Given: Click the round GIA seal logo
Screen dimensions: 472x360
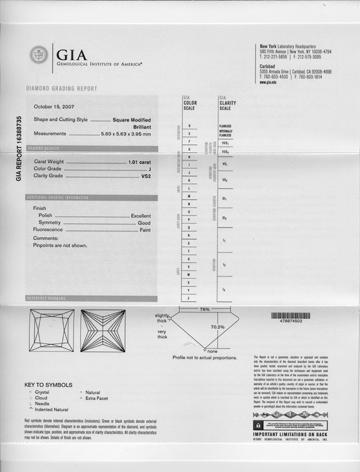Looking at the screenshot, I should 39,55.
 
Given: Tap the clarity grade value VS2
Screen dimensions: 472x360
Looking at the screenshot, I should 146,176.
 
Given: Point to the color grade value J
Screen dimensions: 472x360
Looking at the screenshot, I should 149,169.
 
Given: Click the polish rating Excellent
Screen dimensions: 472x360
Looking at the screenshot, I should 141,216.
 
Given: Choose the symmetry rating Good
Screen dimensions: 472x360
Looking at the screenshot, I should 144,223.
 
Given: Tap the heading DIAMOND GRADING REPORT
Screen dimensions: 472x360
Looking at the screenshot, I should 62,89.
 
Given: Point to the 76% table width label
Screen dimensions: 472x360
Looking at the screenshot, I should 204,310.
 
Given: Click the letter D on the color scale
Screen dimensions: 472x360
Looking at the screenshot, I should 189,125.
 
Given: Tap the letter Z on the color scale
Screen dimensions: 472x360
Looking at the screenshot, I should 189,299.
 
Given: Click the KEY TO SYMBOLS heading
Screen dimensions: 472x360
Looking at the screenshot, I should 48,385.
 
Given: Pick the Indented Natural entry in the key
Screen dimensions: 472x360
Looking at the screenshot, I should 51,409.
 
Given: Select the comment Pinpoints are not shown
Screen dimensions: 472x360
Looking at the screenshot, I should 60,245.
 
